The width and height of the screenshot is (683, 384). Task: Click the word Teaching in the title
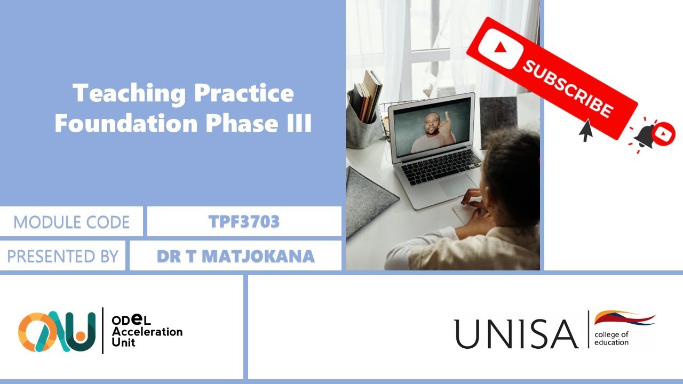coord(129,94)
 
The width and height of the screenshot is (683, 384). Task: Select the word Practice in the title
coord(244,94)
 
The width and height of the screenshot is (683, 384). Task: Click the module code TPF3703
coord(244,222)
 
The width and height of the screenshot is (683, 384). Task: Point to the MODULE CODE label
coord(72,222)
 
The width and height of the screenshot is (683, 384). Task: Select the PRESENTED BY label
coord(62,256)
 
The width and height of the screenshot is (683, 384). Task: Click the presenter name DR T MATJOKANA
coord(235,256)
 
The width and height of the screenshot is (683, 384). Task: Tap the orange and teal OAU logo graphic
coord(57,331)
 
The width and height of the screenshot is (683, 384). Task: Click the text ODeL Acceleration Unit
coord(147,331)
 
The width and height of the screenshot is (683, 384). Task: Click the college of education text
coord(611,338)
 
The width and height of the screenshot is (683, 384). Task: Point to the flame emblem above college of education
coord(624,318)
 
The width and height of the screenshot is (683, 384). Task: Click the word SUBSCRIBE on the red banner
coord(567,89)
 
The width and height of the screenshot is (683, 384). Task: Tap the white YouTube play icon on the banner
coord(498,49)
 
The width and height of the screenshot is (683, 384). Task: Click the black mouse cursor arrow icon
coord(586,131)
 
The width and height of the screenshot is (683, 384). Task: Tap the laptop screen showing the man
coord(432,127)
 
